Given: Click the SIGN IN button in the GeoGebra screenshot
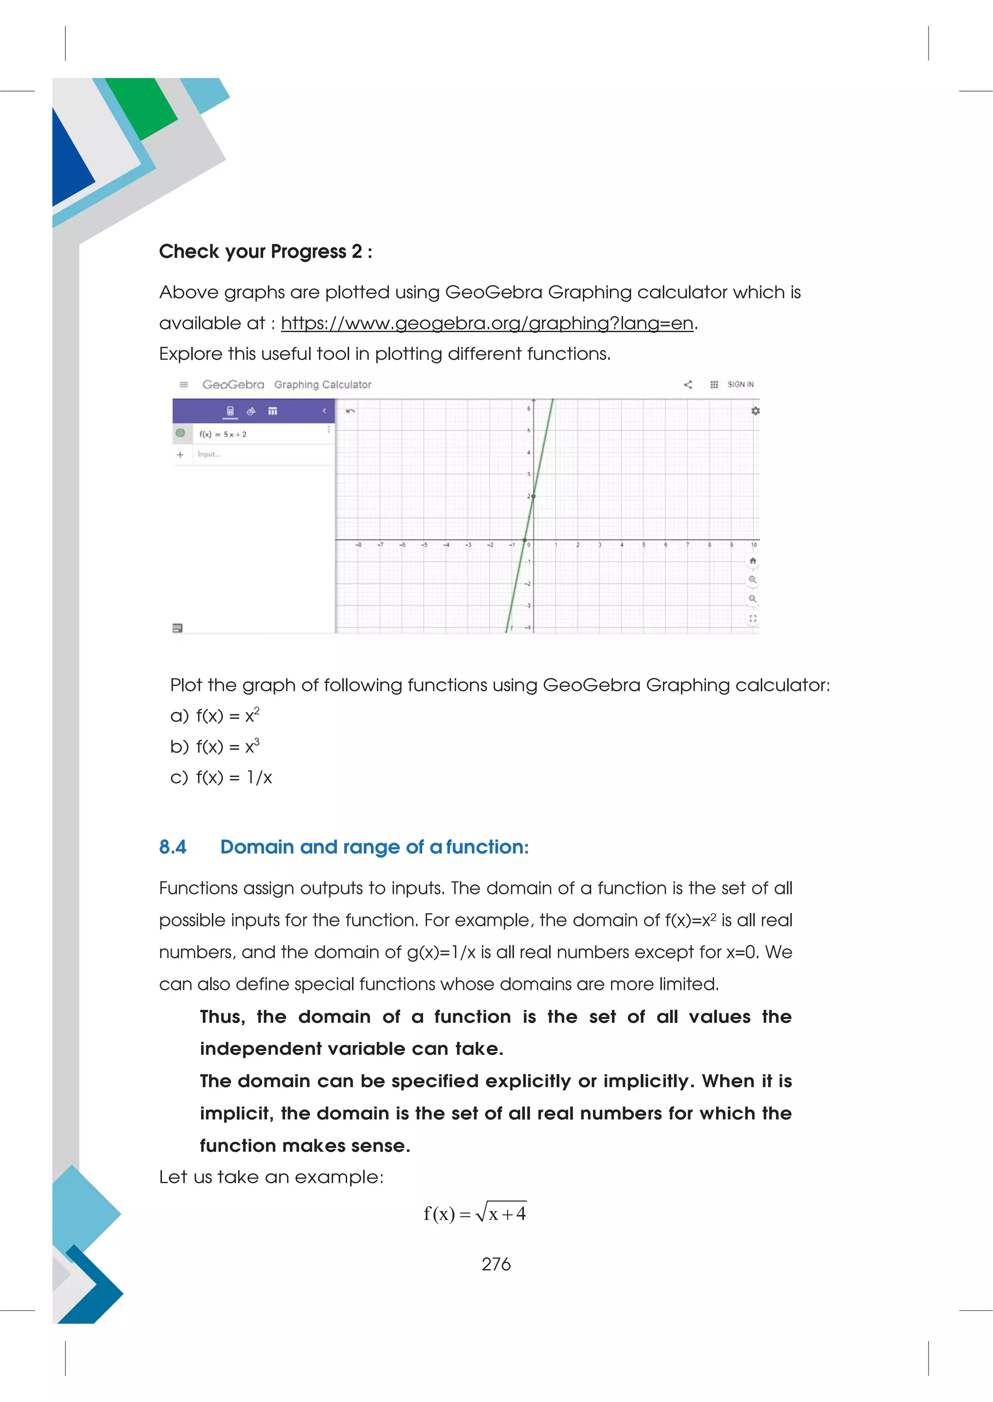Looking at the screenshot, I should pos(740,384).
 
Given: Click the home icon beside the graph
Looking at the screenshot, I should pos(753,561).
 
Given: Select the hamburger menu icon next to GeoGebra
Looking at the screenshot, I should pos(183,384).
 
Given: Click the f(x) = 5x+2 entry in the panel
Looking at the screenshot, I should pos(223,434).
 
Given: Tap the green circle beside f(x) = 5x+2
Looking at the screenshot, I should pos(180,433).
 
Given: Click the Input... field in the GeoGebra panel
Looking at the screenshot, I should pos(209,454).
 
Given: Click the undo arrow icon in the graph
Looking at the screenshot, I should pos(351,411).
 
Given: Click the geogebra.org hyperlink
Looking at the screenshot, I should pos(487,323).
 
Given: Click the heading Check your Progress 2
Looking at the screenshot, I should pos(265,251).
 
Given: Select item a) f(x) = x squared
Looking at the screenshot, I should pos(215,716).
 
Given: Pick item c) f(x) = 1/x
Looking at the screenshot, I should pos(221,777).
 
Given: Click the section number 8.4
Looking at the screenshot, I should pos(173,847).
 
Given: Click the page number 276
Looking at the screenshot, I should pos(496,1264).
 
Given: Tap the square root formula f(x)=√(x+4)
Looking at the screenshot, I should pos(475,1212).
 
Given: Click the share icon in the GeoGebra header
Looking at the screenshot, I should pos(688,384).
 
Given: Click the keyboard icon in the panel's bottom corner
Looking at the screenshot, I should pos(177,628).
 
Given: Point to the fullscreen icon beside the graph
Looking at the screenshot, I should pos(753,619).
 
